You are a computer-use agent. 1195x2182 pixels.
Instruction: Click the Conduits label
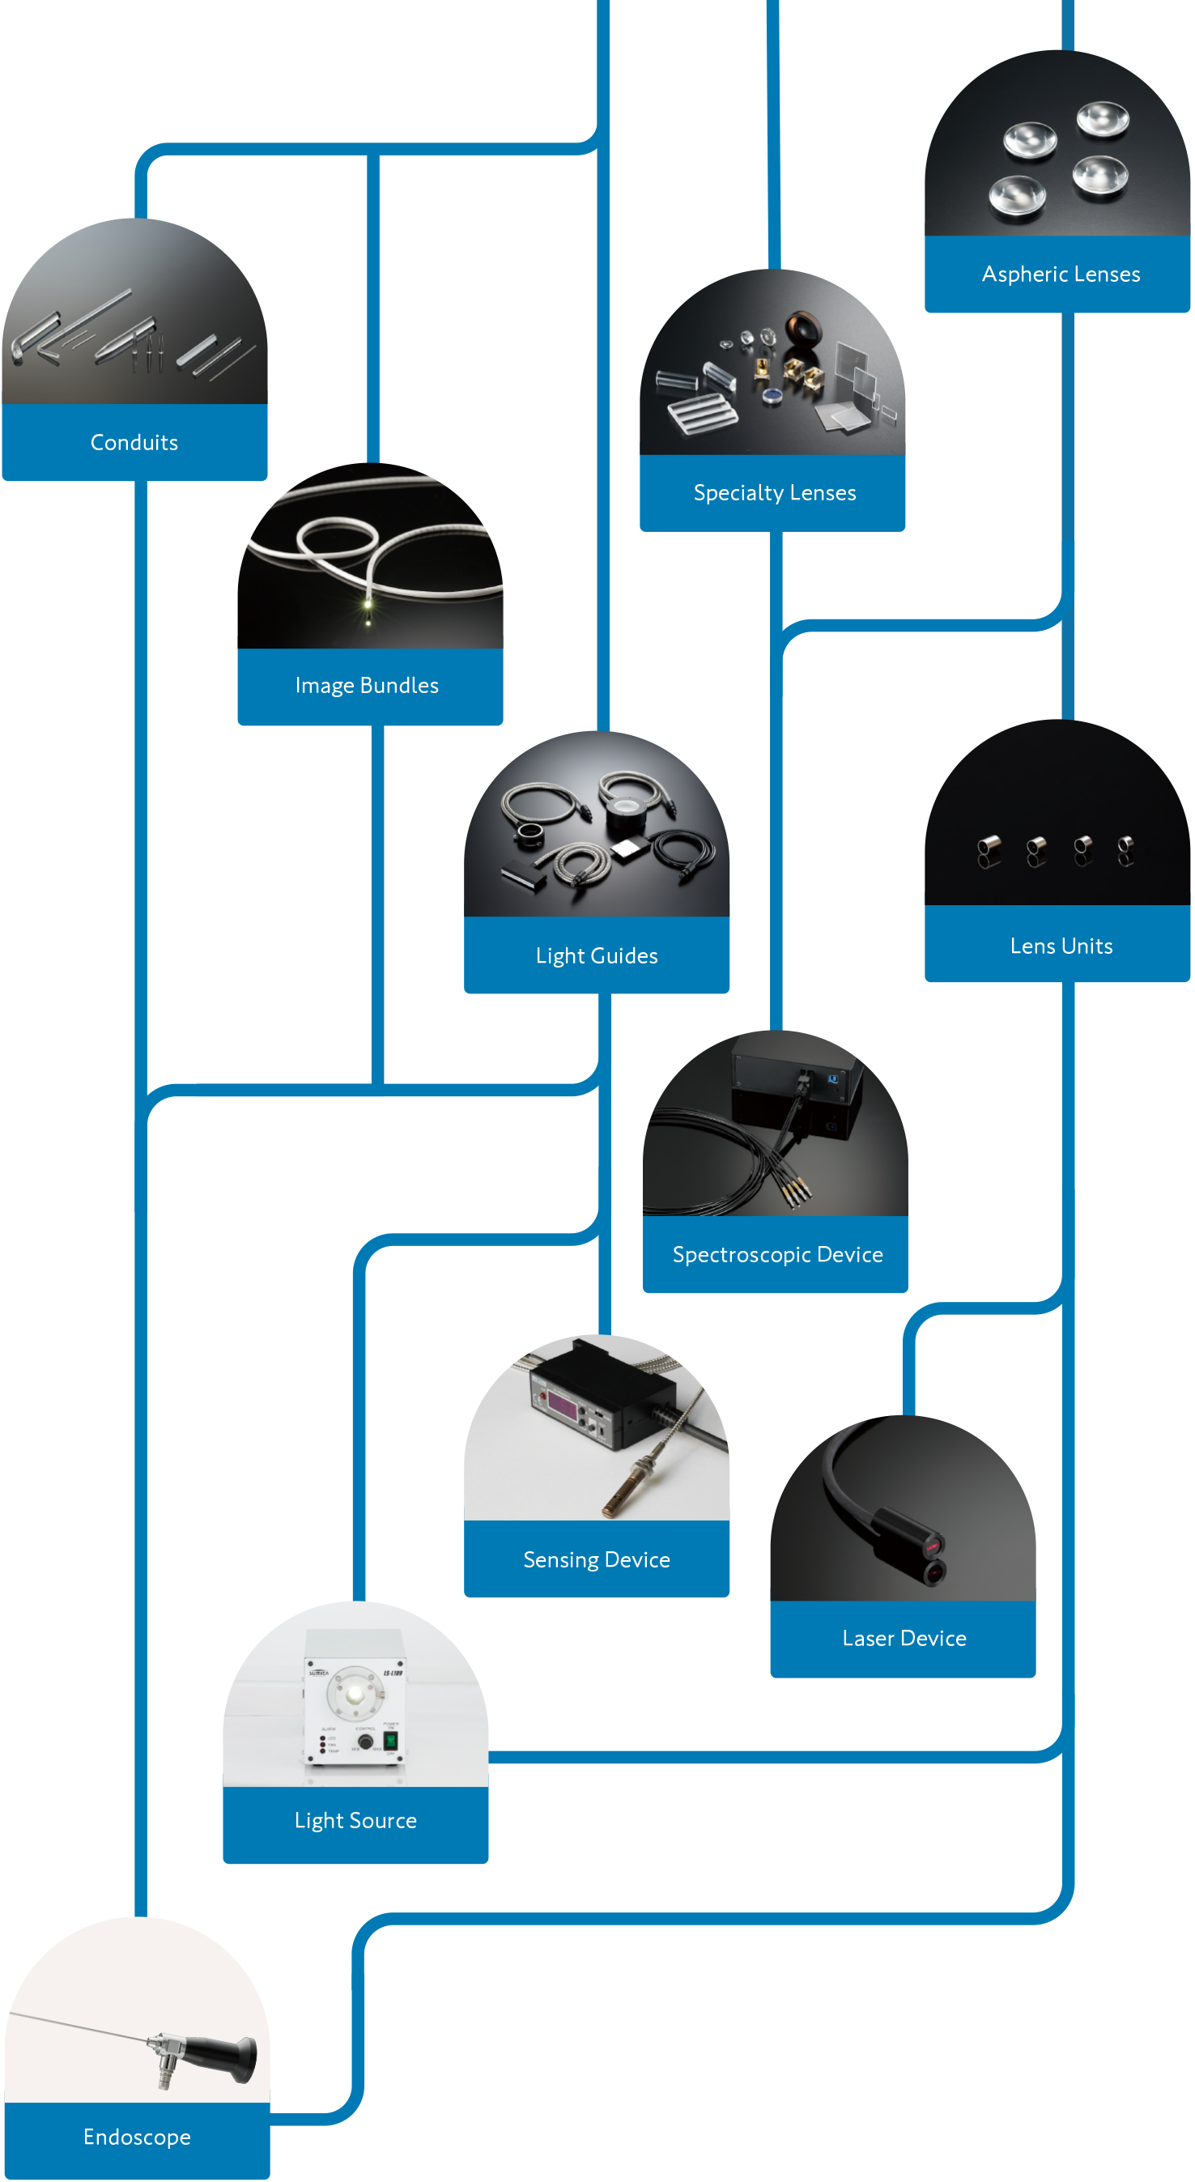[x=134, y=442]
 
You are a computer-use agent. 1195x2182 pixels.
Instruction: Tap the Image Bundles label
[x=367, y=685]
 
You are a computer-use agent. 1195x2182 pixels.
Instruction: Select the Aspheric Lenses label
[x=1061, y=274]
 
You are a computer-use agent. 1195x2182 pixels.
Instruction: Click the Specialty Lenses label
[x=774, y=493]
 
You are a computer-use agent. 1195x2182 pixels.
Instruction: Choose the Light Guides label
[x=596, y=956]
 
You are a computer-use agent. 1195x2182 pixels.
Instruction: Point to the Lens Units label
[x=1061, y=946]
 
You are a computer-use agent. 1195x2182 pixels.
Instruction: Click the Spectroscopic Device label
[x=776, y=1254]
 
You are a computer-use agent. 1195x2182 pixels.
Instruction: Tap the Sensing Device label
[x=596, y=1559]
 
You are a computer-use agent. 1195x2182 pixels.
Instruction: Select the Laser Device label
[x=904, y=1638]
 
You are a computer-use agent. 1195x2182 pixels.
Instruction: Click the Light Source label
[x=355, y=1820]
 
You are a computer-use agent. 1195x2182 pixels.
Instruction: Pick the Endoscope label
[x=136, y=2137]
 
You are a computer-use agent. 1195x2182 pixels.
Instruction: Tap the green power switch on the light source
[x=390, y=1741]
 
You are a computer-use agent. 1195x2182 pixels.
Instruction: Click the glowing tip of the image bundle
[x=368, y=604]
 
